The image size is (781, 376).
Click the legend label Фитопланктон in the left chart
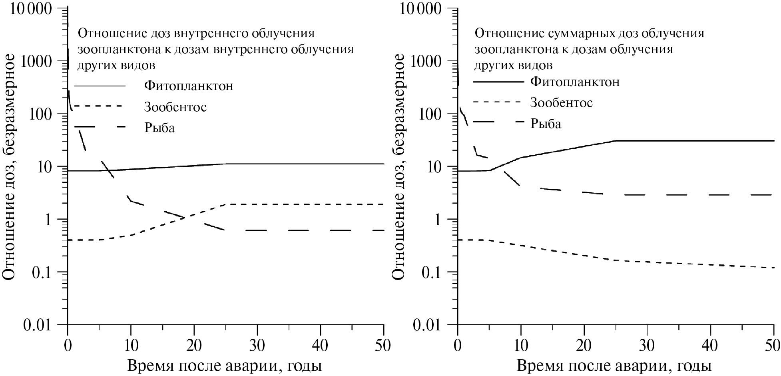[x=189, y=86]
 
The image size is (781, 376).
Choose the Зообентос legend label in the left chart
[x=176, y=107]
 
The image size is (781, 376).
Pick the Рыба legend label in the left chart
[x=159, y=128]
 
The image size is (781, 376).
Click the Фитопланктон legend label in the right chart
[x=575, y=82]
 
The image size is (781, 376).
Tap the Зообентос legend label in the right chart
[x=562, y=103]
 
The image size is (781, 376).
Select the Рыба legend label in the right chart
[x=546, y=124]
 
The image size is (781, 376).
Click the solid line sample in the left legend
[x=100, y=86]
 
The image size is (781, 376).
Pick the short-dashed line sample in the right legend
[x=498, y=102]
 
